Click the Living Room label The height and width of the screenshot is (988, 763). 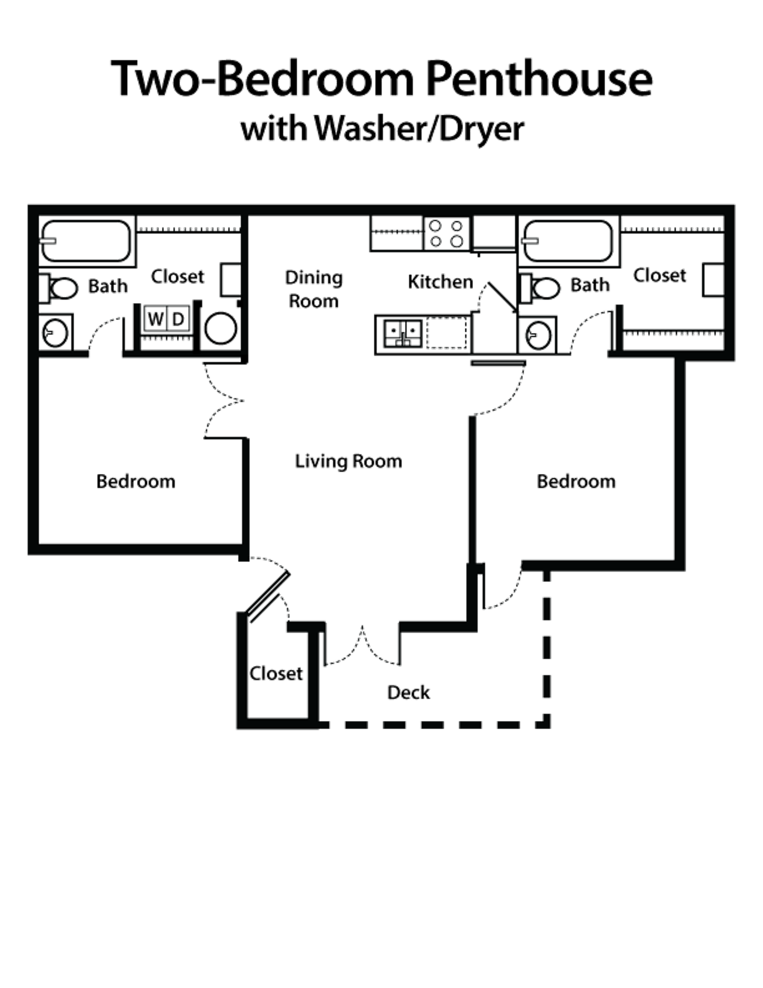[348, 461]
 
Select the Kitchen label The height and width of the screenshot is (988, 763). [440, 281]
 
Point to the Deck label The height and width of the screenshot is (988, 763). [409, 693]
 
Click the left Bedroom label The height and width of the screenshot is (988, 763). [137, 482]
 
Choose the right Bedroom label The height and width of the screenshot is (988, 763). [576, 482]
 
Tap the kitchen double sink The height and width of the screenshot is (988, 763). [404, 332]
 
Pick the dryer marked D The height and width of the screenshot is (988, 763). [178, 320]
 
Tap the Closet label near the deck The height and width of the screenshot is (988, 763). [276, 673]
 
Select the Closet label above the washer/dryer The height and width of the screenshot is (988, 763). [178, 276]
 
